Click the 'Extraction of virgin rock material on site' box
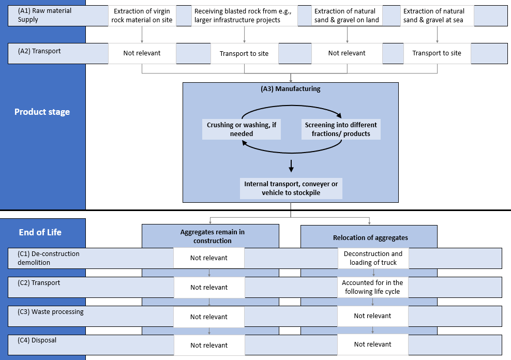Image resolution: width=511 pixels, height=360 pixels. point(142,16)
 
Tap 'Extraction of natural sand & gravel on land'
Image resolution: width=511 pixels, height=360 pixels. point(347,16)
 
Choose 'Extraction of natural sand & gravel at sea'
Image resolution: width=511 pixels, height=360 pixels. point(437,16)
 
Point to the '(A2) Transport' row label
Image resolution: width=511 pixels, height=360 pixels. point(39,52)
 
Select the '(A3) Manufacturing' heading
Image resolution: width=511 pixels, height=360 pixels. point(290,89)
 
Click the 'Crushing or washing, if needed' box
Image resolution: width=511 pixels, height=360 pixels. point(241,129)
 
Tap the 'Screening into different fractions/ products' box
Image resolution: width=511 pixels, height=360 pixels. point(341,129)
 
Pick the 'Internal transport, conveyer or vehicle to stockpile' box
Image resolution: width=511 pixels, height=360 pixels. point(291,188)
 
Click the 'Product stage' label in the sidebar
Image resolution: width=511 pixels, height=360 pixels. point(42,112)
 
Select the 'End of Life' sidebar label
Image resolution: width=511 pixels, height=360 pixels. point(40,232)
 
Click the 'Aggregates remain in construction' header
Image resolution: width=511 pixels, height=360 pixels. point(212,236)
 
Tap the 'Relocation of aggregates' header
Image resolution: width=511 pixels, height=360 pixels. point(370,238)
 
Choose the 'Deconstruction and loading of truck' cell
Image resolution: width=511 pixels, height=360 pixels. point(373,258)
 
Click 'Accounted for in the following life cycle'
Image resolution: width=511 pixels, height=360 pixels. point(372,287)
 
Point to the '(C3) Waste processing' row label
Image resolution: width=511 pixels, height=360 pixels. point(50,312)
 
